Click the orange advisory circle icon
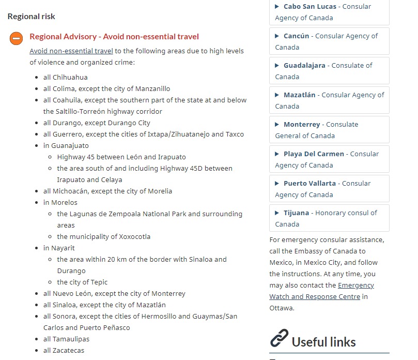(x=16, y=38)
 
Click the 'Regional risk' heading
(x=31, y=17)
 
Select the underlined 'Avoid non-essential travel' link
(x=71, y=51)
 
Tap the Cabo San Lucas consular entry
(x=329, y=12)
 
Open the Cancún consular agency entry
(x=329, y=41)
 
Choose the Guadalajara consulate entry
(x=329, y=71)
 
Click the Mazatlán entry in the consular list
(x=329, y=100)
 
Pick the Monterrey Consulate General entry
(x=329, y=130)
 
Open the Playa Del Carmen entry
(x=329, y=159)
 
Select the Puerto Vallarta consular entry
(x=329, y=189)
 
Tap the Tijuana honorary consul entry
(x=329, y=218)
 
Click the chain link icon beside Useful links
(x=279, y=339)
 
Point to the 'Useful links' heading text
(x=324, y=342)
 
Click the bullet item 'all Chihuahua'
(x=66, y=77)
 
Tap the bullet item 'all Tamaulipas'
(x=66, y=339)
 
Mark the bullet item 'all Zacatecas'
(x=64, y=350)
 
